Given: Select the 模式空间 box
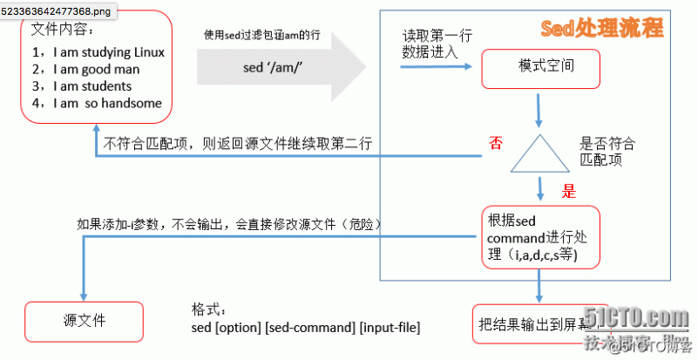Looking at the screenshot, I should coord(540,65).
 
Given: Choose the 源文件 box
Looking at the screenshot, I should coord(85,321).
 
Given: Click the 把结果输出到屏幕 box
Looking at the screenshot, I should coord(535,326).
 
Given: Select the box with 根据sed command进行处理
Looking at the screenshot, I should coord(541,237).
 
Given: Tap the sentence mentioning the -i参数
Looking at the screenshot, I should coord(230,224).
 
